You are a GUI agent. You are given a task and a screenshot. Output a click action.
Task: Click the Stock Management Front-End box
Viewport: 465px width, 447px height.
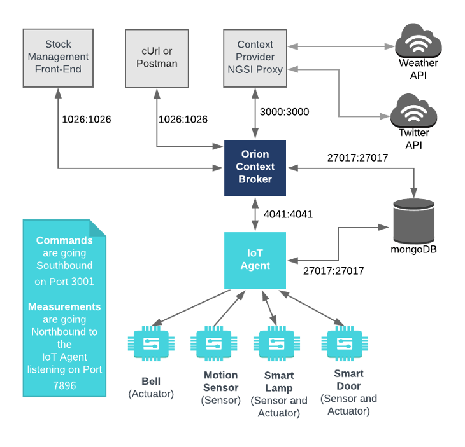[x=58, y=57]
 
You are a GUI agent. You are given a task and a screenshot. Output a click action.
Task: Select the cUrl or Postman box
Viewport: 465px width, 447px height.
[x=157, y=57]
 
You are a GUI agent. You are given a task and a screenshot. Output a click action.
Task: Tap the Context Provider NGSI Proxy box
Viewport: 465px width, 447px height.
[x=255, y=57]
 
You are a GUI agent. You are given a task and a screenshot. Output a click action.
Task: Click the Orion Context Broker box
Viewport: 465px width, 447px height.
[x=255, y=168]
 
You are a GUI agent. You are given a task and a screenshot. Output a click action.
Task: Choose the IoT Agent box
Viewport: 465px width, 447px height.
[x=255, y=259]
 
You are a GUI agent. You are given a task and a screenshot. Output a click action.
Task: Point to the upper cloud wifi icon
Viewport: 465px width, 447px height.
[x=418, y=43]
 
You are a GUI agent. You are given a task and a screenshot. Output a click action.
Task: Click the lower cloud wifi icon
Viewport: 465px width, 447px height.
[x=414, y=112]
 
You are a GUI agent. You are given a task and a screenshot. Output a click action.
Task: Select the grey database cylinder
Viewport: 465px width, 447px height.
[x=413, y=221]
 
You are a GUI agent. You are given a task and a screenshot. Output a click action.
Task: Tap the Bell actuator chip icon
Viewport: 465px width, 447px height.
[x=151, y=344]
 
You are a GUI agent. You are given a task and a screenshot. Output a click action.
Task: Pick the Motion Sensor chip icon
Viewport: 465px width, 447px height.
[x=214, y=344]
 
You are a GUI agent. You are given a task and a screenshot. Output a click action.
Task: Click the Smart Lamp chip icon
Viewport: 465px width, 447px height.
[x=276, y=344]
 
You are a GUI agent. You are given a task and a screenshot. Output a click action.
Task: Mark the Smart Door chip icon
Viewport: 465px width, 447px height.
[x=345, y=343]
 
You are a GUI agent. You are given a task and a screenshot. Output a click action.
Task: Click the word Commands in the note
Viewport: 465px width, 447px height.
[x=64, y=240]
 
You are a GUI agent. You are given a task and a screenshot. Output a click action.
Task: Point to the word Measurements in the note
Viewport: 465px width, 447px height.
[x=64, y=306]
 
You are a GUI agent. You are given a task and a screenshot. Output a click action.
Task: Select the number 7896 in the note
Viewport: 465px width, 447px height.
[x=64, y=385]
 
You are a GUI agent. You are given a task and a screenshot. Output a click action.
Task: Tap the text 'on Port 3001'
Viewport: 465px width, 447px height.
[x=64, y=281]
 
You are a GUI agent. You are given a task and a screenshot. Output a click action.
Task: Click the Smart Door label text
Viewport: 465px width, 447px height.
[x=349, y=380]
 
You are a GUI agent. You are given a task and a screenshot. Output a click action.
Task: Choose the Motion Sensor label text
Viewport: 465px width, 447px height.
[x=220, y=382]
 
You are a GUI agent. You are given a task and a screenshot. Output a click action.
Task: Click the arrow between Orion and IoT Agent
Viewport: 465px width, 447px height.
[x=255, y=214]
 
